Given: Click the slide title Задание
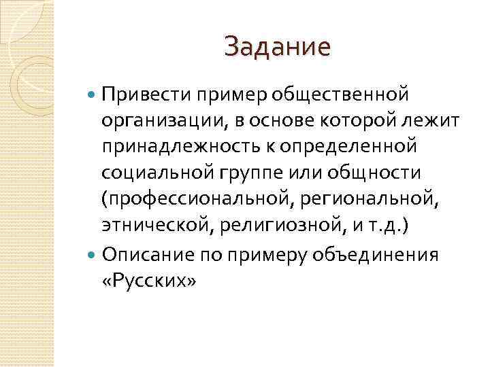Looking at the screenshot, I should pos(277,47).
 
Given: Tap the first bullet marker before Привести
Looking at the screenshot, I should pos(93,92).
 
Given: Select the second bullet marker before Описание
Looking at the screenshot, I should pos(93,255).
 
